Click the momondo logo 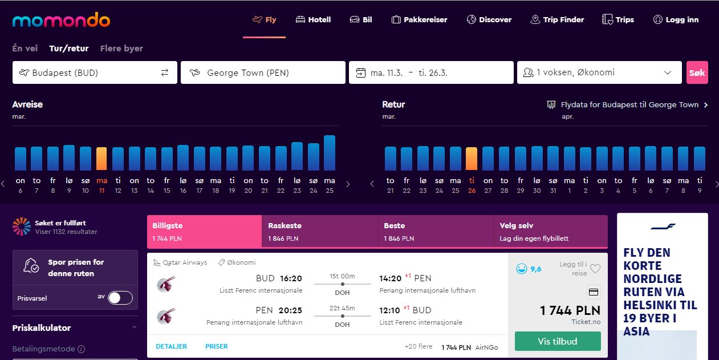coord(61,20)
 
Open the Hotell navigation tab coord(313,19)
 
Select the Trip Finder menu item coord(557,19)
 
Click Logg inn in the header coord(676,19)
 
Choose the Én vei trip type coord(25,48)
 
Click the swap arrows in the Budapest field coord(165,72)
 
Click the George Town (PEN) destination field coord(263,72)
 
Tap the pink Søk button coord(697,72)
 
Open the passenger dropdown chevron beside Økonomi coord(668,72)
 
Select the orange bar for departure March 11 coord(101,159)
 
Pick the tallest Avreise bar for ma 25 coord(330,153)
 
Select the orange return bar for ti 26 coord(472,159)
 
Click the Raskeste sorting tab coord(320,232)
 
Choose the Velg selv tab coord(550,232)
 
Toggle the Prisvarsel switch coord(120,298)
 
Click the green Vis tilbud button coord(558,341)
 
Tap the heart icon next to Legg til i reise coord(595,269)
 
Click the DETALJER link coord(172,346)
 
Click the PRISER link coord(217,346)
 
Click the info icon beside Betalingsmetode coord(82,349)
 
